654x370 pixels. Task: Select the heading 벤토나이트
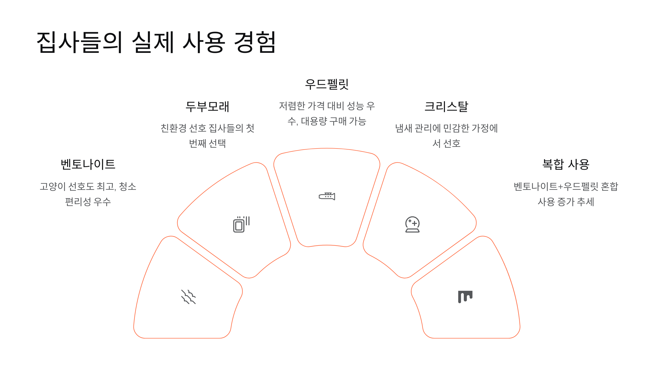[x=88, y=164]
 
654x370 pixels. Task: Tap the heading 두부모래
[x=207, y=107]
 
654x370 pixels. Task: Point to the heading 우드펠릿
[x=327, y=84]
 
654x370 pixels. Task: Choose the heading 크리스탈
[x=446, y=107]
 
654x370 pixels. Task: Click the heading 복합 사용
[x=566, y=164]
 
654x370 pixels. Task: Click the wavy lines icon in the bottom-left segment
[x=188, y=297]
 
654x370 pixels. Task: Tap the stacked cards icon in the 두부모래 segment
[x=241, y=224]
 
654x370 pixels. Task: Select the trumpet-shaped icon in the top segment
[x=327, y=196]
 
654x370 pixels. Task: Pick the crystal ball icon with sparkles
[x=412, y=224]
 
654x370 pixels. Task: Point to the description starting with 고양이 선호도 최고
[x=88, y=194]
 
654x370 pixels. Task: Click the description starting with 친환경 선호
[x=207, y=136]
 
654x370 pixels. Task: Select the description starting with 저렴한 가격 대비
[x=327, y=113]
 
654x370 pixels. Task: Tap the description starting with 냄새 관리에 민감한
[x=446, y=136]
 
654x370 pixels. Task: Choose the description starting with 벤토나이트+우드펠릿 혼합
[x=566, y=194]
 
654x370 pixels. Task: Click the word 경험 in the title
[x=255, y=42]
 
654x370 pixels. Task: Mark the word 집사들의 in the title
[x=79, y=42]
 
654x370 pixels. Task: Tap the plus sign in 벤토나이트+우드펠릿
[x=560, y=187]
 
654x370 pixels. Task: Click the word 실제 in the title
[x=153, y=42]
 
